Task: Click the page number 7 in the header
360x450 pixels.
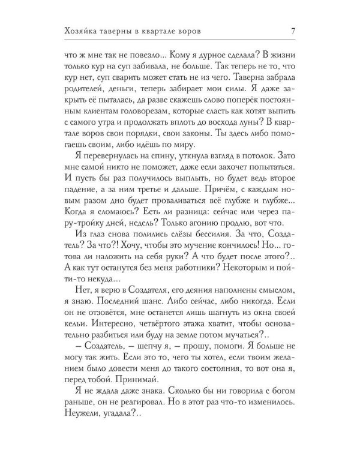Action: pos(290,30)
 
